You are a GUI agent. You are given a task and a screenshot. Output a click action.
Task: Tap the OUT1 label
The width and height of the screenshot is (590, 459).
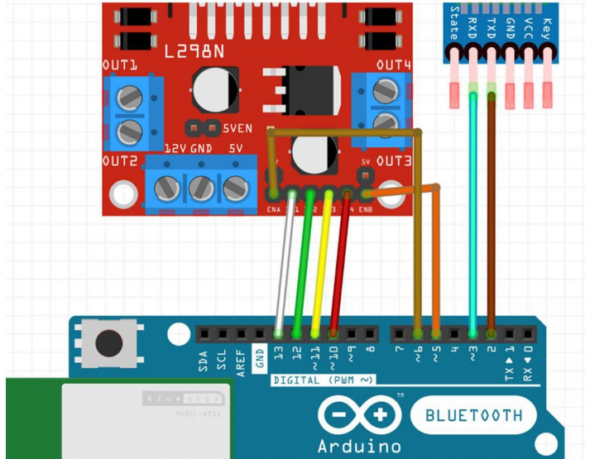[x=120, y=65]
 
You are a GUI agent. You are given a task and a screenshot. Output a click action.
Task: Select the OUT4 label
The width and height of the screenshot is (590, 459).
[x=394, y=64]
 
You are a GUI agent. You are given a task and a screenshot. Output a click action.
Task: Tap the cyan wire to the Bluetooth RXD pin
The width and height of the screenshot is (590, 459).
[x=472, y=215]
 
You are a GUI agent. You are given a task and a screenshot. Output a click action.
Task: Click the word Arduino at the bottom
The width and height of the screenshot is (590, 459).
[x=359, y=447]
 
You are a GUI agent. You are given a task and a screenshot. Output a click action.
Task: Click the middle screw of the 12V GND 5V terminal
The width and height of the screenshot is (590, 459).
[x=201, y=188]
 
